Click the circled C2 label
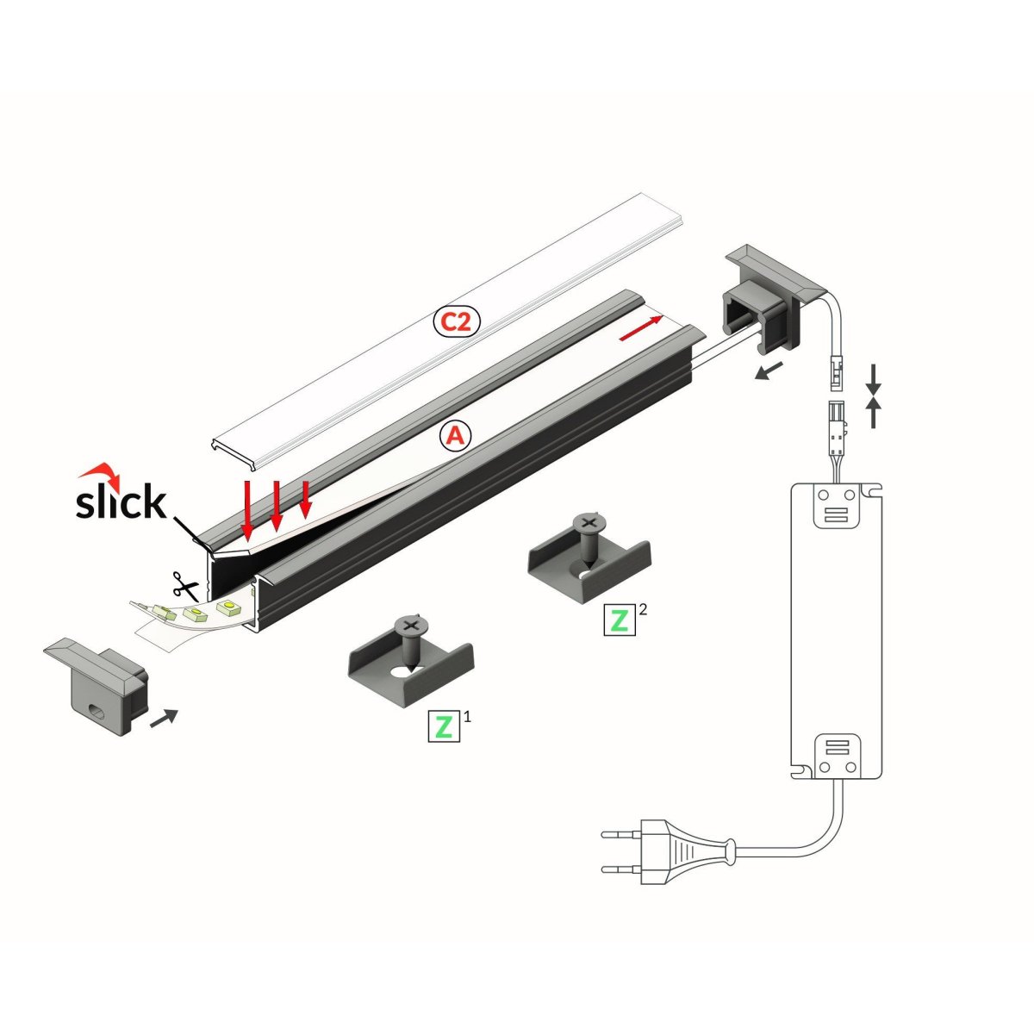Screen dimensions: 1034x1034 (x=456, y=321)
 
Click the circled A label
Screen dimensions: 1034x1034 (x=456, y=435)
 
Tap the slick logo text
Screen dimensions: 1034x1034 (x=121, y=501)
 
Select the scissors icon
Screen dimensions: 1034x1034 (x=185, y=586)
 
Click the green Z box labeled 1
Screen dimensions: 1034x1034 (x=444, y=726)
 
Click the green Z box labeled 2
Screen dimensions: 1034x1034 (x=620, y=620)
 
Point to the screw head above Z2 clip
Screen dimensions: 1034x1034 (x=589, y=522)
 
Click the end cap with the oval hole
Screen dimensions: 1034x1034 (x=96, y=686)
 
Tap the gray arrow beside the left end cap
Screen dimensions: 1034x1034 (x=164, y=718)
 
